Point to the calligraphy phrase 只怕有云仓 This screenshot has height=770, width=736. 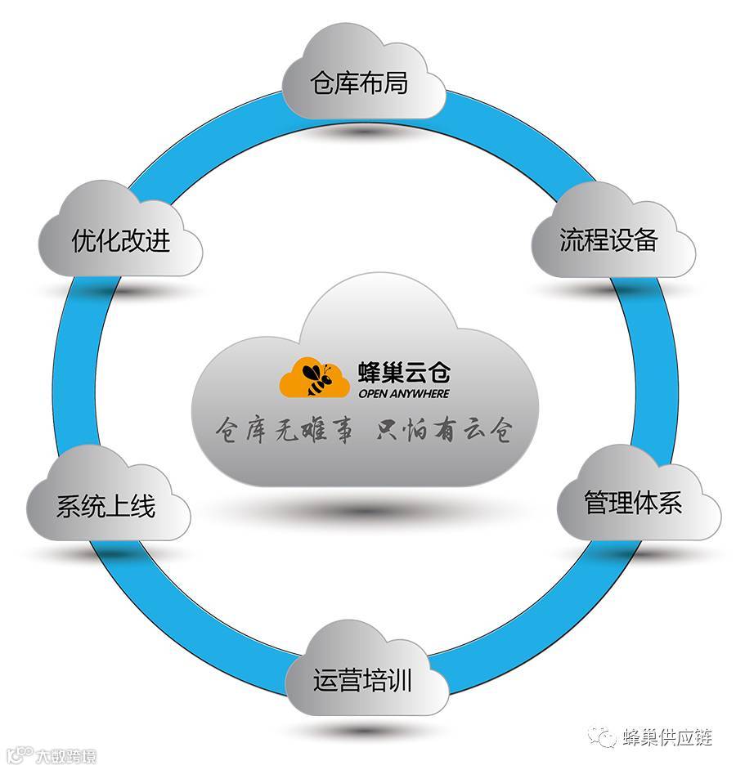(x=442, y=430)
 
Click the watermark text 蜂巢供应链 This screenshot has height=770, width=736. (x=667, y=737)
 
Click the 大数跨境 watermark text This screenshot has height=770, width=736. (x=65, y=757)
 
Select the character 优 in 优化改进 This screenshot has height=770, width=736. (x=83, y=240)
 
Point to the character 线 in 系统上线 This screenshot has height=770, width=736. (x=143, y=507)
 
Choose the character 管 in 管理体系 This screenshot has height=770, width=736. (x=596, y=502)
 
